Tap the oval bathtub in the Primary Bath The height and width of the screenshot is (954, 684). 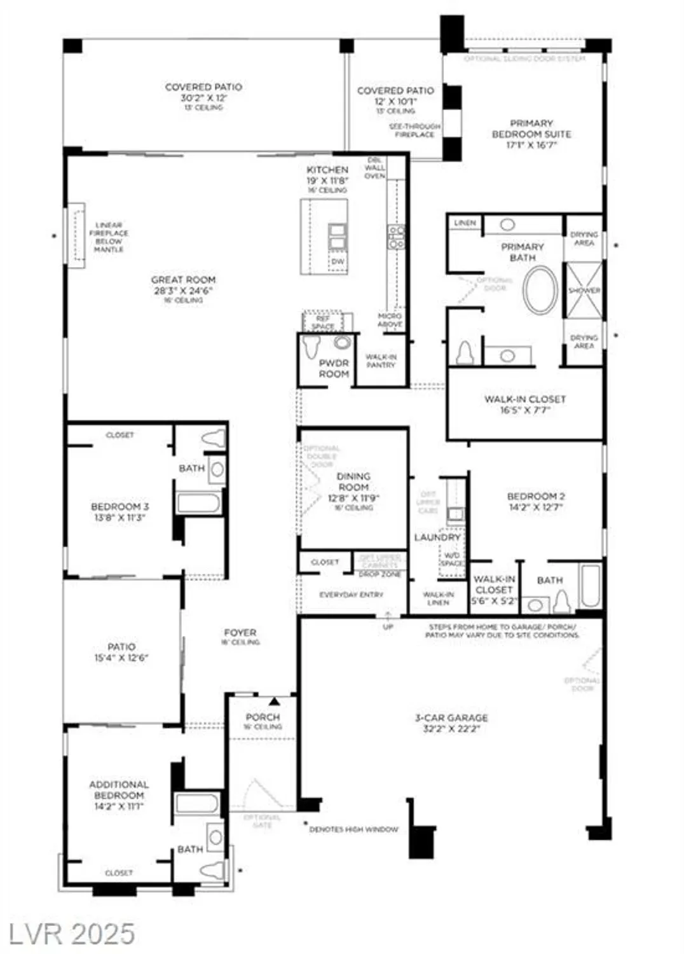540,289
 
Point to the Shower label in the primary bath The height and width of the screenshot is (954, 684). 584,291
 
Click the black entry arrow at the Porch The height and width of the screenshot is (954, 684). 274,701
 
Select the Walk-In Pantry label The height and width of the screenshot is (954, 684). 381,361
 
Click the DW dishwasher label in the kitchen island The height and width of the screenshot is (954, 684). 338,261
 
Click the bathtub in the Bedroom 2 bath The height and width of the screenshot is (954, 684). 590,585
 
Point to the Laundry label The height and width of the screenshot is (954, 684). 437,537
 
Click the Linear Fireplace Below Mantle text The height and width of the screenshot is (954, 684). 108,237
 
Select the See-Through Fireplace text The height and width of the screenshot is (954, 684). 414,130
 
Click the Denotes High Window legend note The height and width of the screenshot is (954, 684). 353,829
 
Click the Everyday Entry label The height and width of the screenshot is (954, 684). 351,595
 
